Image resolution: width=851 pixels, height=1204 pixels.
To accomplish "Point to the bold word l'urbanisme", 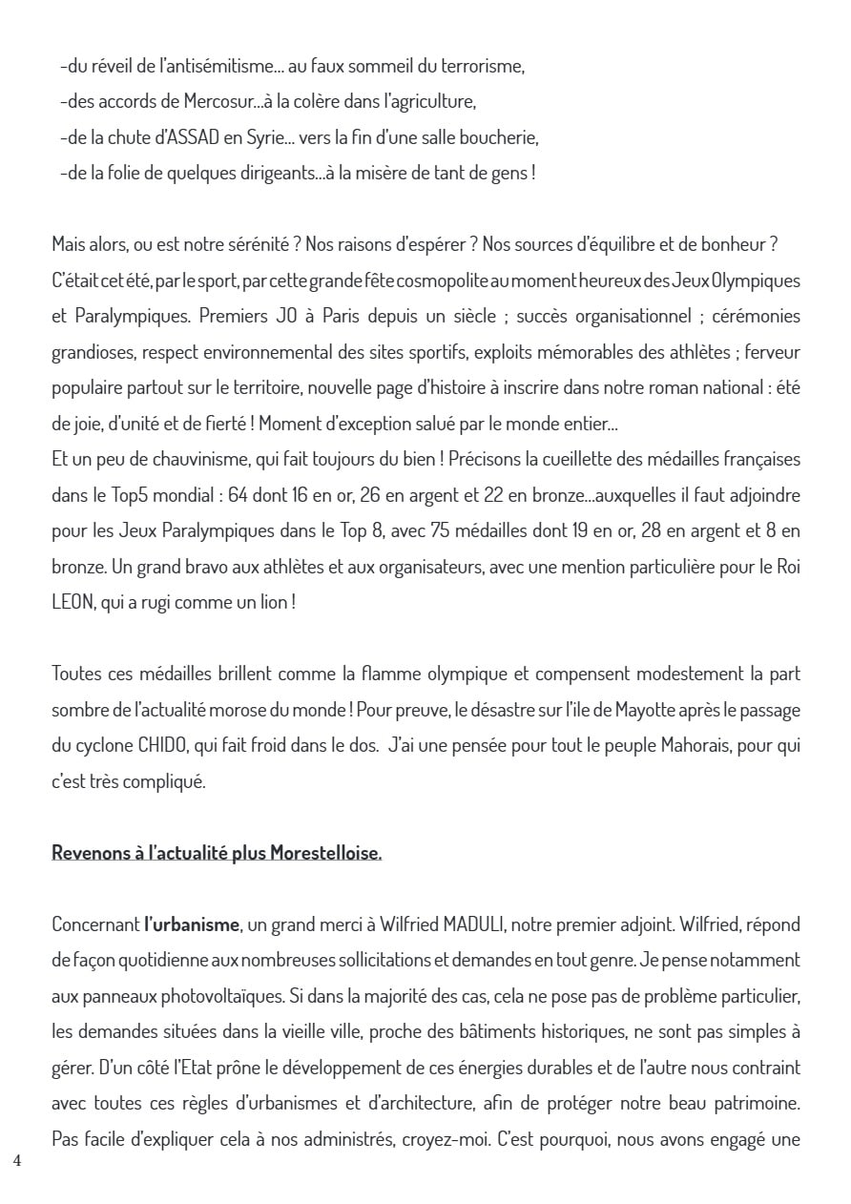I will [192, 924].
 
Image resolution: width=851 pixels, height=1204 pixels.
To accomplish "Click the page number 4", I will [17, 1161].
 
